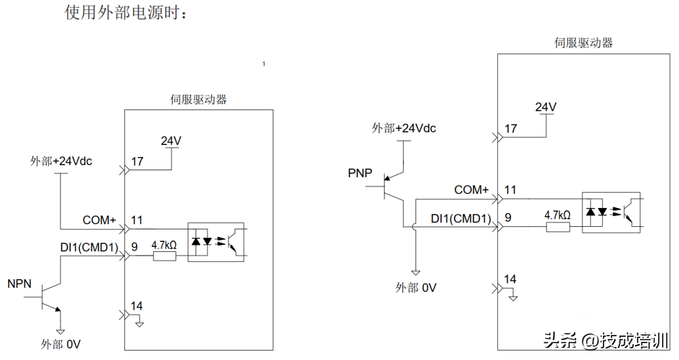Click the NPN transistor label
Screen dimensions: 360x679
(x=19, y=284)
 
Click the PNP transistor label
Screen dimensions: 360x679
(x=360, y=173)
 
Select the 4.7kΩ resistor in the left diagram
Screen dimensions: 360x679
(x=164, y=256)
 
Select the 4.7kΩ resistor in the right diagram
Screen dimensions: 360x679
(x=557, y=226)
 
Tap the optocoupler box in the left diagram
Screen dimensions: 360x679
(x=216, y=242)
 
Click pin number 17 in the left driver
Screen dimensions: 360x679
(x=137, y=161)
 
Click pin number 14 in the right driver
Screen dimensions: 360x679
(x=511, y=279)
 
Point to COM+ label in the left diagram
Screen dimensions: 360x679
(x=99, y=221)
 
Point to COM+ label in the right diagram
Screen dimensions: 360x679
(x=472, y=190)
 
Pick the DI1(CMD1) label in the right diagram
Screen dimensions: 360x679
(x=461, y=218)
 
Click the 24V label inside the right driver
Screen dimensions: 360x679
(x=546, y=107)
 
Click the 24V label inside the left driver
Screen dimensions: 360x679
(x=171, y=141)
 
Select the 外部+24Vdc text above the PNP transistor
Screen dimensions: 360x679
(x=404, y=128)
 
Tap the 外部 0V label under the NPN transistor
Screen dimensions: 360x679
(x=61, y=344)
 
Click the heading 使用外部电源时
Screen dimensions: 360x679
(x=126, y=13)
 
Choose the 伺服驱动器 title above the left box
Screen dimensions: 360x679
(x=199, y=99)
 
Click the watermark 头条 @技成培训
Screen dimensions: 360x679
(x=605, y=341)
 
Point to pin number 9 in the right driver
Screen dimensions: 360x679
(x=508, y=217)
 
